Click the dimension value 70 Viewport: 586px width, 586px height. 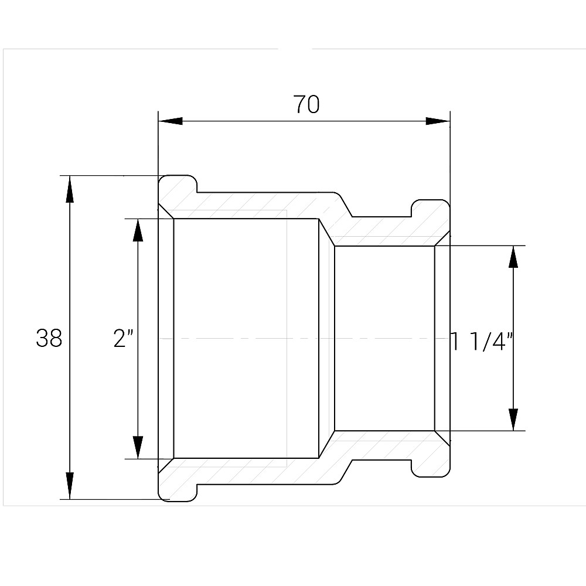click(x=306, y=104)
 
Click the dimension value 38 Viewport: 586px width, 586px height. click(x=49, y=338)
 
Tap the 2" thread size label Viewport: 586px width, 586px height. click(x=124, y=338)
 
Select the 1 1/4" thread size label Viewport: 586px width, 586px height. click(x=482, y=340)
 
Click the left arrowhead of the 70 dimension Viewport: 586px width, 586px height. click(x=171, y=121)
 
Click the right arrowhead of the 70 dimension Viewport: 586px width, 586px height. click(x=437, y=121)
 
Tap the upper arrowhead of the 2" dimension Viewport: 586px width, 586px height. click(x=138, y=230)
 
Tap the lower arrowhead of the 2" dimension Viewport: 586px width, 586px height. click(x=138, y=447)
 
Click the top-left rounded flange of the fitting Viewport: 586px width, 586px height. click(x=177, y=186)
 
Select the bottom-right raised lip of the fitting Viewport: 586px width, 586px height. click(x=431, y=467)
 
